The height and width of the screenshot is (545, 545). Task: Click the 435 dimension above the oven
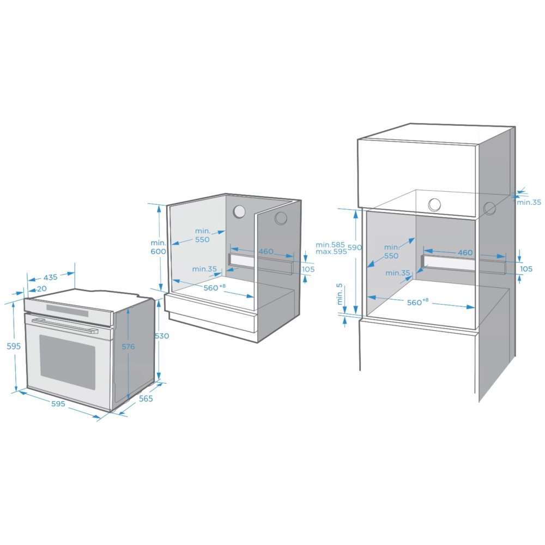[50, 277]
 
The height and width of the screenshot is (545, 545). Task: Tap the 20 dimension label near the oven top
[42, 289]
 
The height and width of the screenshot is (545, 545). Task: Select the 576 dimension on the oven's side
[128, 347]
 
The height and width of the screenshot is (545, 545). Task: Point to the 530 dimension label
[162, 336]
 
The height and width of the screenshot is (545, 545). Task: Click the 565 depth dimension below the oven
[146, 399]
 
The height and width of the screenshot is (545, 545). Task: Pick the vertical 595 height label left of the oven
[14, 346]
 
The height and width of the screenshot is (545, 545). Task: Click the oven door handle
[65, 326]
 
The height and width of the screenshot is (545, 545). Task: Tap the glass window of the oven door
[67, 362]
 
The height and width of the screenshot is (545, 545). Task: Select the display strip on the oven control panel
[67, 311]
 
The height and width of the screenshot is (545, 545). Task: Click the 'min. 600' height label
[158, 247]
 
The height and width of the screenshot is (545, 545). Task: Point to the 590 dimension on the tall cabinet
[355, 247]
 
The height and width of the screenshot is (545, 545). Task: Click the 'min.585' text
[330, 245]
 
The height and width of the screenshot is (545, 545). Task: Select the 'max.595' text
[331, 252]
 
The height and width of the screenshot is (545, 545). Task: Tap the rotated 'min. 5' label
[340, 294]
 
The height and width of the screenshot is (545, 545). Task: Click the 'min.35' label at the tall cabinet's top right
[529, 202]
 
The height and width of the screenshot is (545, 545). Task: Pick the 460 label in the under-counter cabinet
[266, 251]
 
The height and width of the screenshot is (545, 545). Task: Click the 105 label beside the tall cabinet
[526, 269]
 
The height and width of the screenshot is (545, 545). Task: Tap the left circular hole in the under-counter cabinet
[239, 211]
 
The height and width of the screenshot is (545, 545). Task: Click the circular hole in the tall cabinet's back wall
[434, 205]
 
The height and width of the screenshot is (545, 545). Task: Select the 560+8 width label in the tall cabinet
[418, 302]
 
